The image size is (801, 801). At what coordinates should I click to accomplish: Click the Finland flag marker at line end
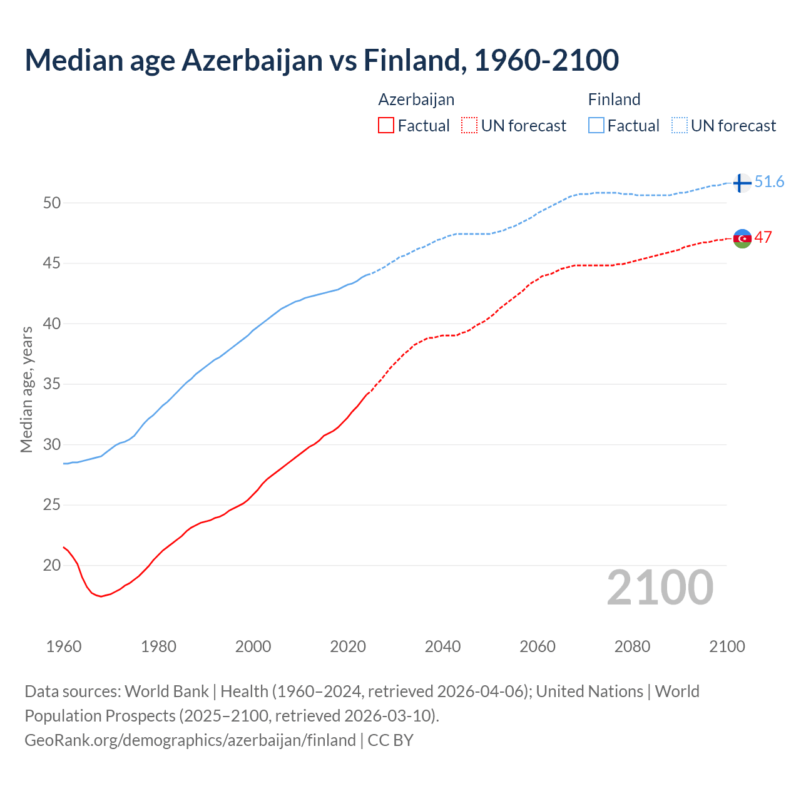pyautogui.click(x=742, y=183)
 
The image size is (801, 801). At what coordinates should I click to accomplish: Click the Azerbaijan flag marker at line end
pyautogui.click(x=742, y=238)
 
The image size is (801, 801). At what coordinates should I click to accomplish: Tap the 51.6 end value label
pyautogui.click(x=769, y=182)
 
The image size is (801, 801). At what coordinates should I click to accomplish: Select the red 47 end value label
pyautogui.click(x=763, y=238)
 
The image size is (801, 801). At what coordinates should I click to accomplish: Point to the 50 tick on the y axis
pyautogui.click(x=52, y=203)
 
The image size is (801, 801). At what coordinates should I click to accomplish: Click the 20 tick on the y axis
pyautogui.click(x=52, y=566)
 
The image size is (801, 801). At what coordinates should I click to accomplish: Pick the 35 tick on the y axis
pyautogui.click(x=52, y=384)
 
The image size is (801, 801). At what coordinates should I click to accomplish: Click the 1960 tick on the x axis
pyautogui.click(x=64, y=646)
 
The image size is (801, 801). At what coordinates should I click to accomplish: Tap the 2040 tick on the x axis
pyautogui.click(x=442, y=646)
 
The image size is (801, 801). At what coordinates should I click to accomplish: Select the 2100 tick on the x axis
pyautogui.click(x=727, y=646)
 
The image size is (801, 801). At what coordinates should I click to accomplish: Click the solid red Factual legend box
pyautogui.click(x=386, y=126)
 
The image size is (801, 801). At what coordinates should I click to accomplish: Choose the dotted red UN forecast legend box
pyautogui.click(x=469, y=126)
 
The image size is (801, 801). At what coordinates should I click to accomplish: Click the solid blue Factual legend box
pyautogui.click(x=596, y=126)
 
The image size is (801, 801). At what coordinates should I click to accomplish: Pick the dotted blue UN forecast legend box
pyautogui.click(x=680, y=126)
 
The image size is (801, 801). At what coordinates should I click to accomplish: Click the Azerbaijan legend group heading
pyautogui.click(x=416, y=99)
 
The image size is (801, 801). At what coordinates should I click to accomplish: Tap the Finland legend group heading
pyautogui.click(x=614, y=99)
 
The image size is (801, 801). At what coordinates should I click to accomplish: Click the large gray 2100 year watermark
pyautogui.click(x=660, y=587)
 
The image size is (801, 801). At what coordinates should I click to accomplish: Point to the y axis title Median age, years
pyautogui.click(x=26, y=389)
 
